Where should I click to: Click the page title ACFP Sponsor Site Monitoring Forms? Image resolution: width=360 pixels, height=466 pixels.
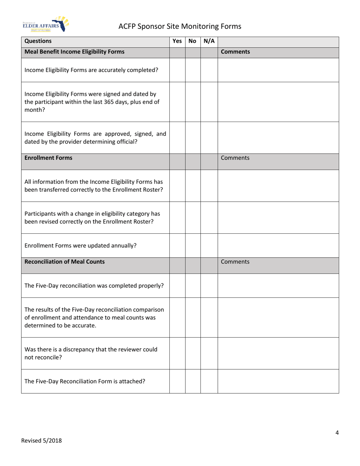180,26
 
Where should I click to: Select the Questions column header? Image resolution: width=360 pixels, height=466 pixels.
38,41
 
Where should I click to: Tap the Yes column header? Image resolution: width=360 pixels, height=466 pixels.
177,41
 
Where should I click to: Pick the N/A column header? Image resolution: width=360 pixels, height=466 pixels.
209,41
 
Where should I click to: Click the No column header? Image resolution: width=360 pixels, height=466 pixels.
193,41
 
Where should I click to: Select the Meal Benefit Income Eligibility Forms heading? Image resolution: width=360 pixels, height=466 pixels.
74,52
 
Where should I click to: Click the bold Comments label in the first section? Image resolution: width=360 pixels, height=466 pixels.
235,52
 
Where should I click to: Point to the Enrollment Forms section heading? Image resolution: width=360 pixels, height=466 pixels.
48,158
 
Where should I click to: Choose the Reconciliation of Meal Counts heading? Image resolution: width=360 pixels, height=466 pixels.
64,261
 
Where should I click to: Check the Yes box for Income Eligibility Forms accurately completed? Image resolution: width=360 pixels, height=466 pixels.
177,70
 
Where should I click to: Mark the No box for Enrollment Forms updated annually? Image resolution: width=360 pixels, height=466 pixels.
193,245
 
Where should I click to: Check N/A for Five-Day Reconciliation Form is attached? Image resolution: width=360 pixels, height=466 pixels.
209,381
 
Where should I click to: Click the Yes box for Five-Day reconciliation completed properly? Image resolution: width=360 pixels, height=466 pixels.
177,285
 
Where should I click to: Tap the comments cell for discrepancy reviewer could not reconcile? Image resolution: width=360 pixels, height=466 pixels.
278,353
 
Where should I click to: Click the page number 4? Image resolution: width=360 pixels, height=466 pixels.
337,433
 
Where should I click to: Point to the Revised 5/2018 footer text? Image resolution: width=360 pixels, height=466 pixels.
41,440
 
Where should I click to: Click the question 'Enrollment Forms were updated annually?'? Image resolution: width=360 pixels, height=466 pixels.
80,245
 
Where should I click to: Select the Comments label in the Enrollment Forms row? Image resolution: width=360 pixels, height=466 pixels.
235,158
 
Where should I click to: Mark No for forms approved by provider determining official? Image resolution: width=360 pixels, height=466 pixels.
193,138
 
